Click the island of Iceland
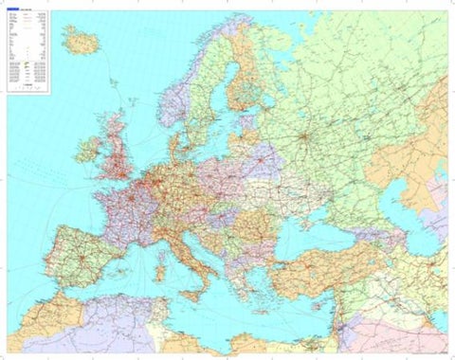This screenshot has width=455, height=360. coord(81,40)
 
